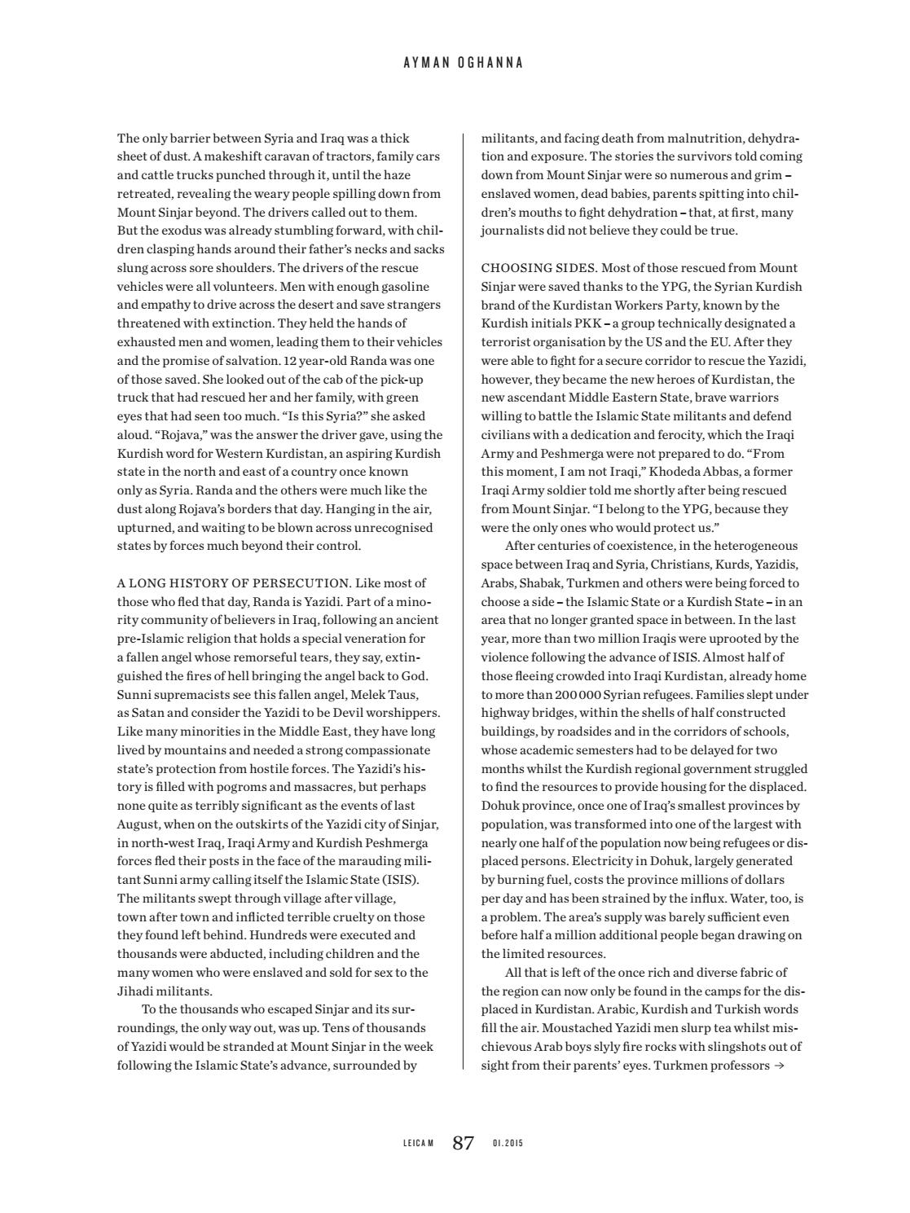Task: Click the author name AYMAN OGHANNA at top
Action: tap(463, 63)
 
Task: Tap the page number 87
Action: tap(463, 1143)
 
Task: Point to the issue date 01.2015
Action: tap(508, 1144)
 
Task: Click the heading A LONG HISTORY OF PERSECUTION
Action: tap(233, 583)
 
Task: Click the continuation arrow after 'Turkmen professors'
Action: tap(779, 1066)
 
